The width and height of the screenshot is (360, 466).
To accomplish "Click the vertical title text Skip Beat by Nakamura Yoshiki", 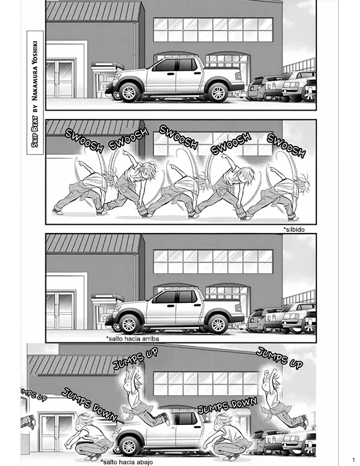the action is [x=35, y=93].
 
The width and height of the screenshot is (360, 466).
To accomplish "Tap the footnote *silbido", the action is [x=294, y=229].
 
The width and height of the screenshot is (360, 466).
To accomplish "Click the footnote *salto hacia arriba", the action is [x=132, y=338].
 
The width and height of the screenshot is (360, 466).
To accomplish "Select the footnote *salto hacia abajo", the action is [x=127, y=462].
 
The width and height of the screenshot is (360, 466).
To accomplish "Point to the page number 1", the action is [x=354, y=460].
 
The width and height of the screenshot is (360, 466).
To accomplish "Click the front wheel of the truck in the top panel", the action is [x=129, y=92].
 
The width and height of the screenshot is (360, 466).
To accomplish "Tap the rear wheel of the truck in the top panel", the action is [x=218, y=92].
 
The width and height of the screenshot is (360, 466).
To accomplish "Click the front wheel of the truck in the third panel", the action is [x=129, y=324].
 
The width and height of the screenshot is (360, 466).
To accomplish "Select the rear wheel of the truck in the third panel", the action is [x=218, y=324].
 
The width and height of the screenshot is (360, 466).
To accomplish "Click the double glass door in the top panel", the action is [x=61, y=79].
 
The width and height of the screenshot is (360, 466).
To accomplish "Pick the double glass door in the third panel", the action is [x=61, y=311].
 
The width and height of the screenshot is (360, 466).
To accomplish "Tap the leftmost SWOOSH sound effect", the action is [x=84, y=141].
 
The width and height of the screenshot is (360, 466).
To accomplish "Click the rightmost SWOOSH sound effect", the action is [x=286, y=145].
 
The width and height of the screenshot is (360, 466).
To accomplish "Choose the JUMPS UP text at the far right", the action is [x=279, y=358].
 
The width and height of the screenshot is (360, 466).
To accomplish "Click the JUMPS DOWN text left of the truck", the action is [x=89, y=404].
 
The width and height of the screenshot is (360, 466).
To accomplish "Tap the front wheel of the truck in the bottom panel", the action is [x=129, y=447].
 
